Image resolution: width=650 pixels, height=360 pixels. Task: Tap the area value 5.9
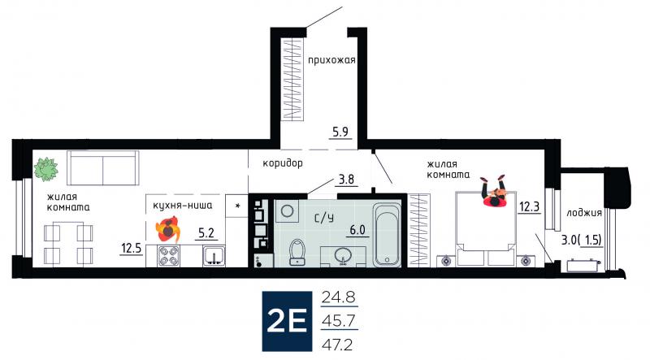point(340,132)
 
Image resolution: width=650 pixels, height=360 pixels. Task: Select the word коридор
point(283,163)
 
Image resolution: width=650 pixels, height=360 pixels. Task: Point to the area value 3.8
point(347,179)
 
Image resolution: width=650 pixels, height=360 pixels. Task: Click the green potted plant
point(45,169)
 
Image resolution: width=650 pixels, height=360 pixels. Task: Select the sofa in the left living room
point(103,167)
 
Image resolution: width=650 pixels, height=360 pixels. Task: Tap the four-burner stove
point(169,256)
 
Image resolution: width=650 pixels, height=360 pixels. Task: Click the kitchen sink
point(214,256)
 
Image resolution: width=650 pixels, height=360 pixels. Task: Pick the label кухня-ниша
point(182,205)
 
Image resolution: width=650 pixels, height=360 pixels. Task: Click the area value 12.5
point(132,249)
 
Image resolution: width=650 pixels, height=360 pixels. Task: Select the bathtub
point(387,234)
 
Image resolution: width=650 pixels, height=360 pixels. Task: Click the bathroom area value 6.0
point(357,229)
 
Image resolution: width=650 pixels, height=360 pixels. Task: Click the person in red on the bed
point(494,192)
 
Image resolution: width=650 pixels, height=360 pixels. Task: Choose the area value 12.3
point(530,206)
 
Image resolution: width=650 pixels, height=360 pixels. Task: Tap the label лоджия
point(583,213)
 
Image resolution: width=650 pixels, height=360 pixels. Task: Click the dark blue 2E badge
point(287,321)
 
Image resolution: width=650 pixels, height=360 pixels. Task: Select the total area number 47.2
point(339,344)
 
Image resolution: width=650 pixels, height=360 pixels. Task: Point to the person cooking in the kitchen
point(167,230)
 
